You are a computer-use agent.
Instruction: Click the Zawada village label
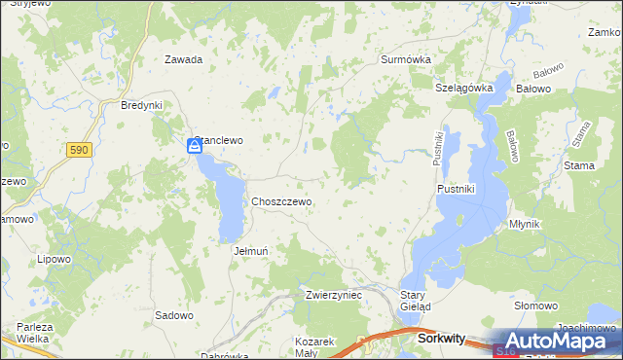coord(183,59)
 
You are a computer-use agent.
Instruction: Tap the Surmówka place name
coord(405,59)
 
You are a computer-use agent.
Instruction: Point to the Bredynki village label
coord(140,105)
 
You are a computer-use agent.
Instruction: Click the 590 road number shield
coord(79,150)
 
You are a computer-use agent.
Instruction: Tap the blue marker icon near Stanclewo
coord(195,146)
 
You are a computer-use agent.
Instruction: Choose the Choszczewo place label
coord(281,201)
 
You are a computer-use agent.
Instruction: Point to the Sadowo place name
coord(174,315)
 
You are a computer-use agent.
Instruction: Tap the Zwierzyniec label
coord(333,294)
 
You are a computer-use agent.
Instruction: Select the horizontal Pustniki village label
coord(456,189)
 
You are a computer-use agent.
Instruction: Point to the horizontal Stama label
coord(579,166)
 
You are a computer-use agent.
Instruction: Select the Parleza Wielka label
coord(33,332)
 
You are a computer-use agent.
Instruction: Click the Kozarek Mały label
coord(314,347)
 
